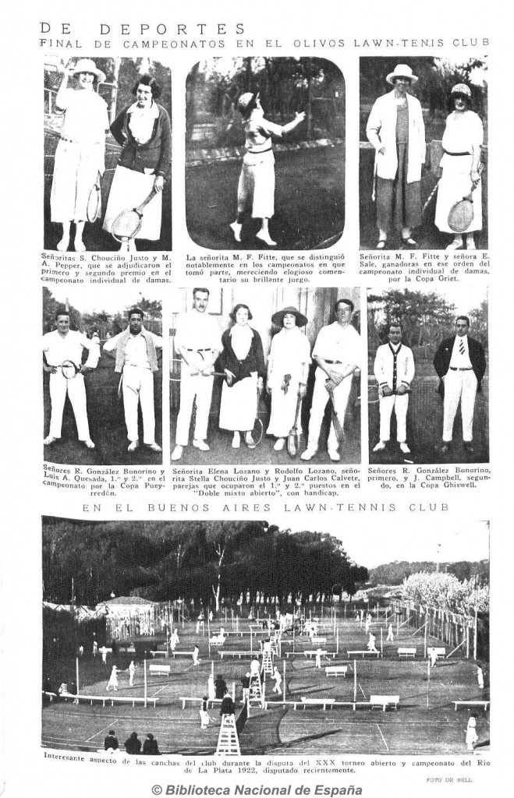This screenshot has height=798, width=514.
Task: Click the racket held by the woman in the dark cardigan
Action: pyautogui.click(x=126, y=221)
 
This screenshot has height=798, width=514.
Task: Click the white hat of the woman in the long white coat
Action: pyautogui.click(x=402, y=72)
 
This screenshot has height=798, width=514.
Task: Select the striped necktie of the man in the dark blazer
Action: pyautogui.click(x=461, y=346)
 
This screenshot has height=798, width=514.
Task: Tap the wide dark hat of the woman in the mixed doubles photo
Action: pyautogui.click(x=289, y=316)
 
